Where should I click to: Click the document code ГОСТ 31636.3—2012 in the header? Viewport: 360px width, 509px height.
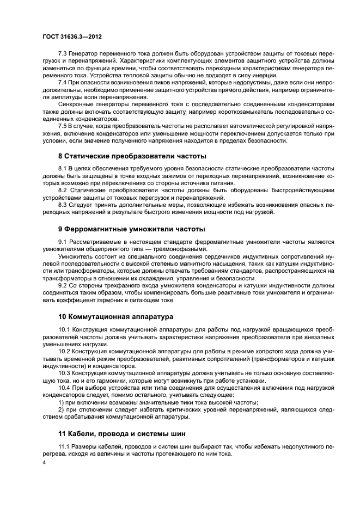point(72,36)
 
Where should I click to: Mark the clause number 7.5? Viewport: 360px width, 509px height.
point(62,125)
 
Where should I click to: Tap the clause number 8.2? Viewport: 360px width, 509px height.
point(62,191)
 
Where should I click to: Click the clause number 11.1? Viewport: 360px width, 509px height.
point(64,447)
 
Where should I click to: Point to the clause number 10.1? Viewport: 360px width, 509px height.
point(64,330)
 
